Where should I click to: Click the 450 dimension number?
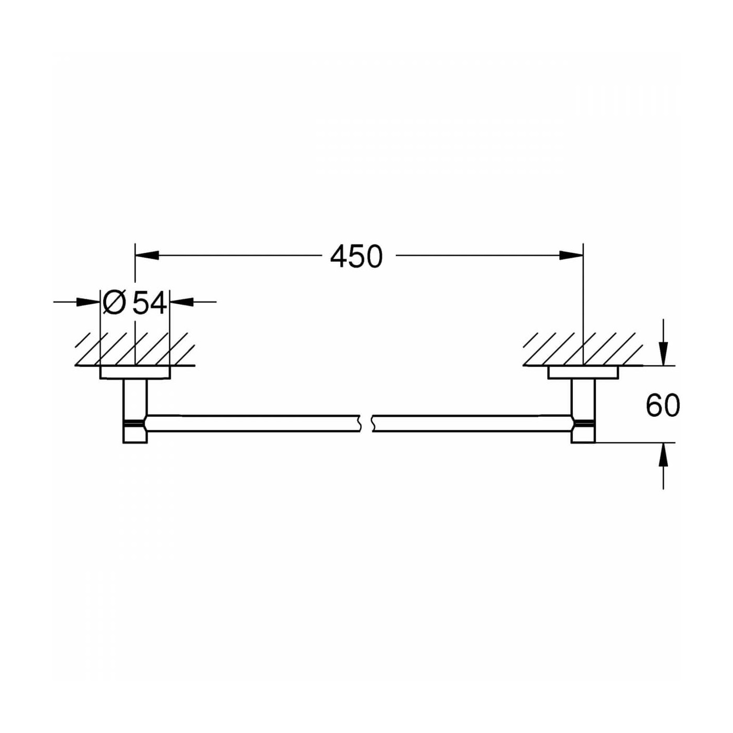coord(357,257)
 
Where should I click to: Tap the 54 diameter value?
coord(150,303)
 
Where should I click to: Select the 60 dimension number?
coord(662,406)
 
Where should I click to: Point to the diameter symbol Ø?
coord(114,303)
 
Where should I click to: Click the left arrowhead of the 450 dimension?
coord(147,256)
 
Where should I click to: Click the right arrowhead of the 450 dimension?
coord(571,256)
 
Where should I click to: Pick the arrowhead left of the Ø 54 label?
coord(88,302)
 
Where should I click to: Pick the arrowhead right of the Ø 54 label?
coord(181,302)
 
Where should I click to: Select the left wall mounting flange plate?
coord(135,372)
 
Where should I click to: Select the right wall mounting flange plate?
coord(583,372)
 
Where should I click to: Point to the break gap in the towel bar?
coord(366,423)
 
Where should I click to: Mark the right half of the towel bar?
coord(471,424)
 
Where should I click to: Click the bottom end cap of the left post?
coord(135,434)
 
